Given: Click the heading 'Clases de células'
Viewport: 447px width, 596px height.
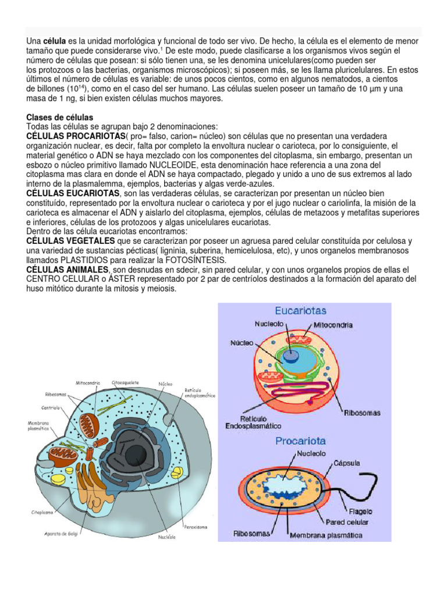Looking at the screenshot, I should pyautogui.click(x=59, y=118).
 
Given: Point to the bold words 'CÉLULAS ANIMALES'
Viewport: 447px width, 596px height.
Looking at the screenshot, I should pyautogui.click(x=67, y=270).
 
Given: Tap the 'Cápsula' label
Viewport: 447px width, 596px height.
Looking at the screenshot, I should pyautogui.click(x=346, y=463).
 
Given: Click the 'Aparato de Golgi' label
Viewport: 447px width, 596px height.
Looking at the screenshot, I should pyautogui.click(x=58, y=532).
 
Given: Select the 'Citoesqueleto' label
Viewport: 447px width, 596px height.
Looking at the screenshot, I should pyautogui.click(x=125, y=383).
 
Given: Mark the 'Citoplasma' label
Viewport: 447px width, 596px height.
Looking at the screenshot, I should pyautogui.click(x=42, y=513).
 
